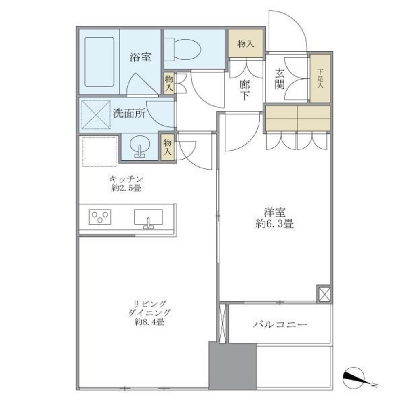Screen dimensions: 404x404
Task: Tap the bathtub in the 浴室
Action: pyautogui.click(x=99, y=61)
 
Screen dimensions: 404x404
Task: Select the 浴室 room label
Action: pyautogui.click(x=140, y=57)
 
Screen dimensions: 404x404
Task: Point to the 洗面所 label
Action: pyautogui.click(x=129, y=114)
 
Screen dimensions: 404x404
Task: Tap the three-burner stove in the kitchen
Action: pyautogui.click(x=101, y=217)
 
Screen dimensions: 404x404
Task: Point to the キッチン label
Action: pyautogui.click(x=126, y=179)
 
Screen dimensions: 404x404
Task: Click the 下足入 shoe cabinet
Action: pyautogui.click(x=320, y=78)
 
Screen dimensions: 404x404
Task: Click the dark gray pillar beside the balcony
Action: pyautogui.click(x=232, y=366)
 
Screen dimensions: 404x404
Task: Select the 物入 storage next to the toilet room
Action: pyautogui.click(x=245, y=44)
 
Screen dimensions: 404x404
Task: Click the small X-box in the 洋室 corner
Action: pyautogui.click(x=324, y=294)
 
